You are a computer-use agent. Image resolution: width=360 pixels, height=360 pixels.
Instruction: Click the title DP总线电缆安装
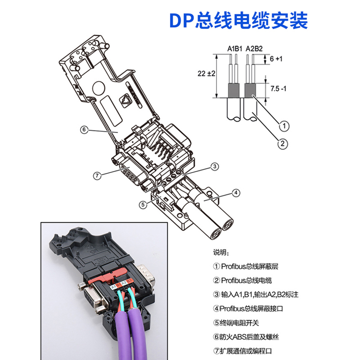click(238, 21)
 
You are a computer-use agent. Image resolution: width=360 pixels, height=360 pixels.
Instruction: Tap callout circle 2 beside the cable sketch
click(282, 144)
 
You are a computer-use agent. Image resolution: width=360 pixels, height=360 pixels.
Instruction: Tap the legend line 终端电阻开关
click(238, 323)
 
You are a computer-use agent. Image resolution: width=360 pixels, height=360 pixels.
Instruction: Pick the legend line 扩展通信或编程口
click(245, 351)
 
